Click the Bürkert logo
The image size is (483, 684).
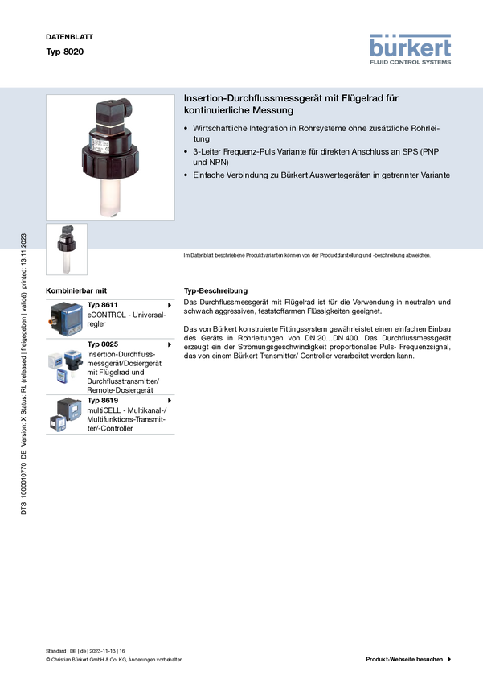pyautogui.click(x=410, y=49)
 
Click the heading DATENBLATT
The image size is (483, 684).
pyautogui.click(x=69, y=37)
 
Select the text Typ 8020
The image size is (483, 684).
pyautogui.click(x=65, y=52)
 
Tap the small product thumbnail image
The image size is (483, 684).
pyautogui.click(x=67, y=249)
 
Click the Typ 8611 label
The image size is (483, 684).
pyautogui.click(x=102, y=305)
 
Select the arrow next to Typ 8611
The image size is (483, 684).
pyautogui.click(x=170, y=305)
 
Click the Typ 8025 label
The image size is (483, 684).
pyautogui.click(x=102, y=344)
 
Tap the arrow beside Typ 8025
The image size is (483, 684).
pyautogui.click(x=170, y=344)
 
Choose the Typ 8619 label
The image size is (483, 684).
pyautogui.click(x=102, y=401)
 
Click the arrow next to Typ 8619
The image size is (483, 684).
pyautogui.click(x=170, y=401)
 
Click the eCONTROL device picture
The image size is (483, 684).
pyautogui.click(x=66, y=319)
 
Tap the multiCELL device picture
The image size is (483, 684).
pyautogui.click(x=66, y=414)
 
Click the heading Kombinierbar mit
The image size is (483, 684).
pyautogui.click(x=76, y=291)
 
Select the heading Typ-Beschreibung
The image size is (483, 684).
pyautogui.click(x=215, y=291)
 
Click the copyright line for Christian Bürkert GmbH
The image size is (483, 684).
pyautogui.click(x=114, y=660)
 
